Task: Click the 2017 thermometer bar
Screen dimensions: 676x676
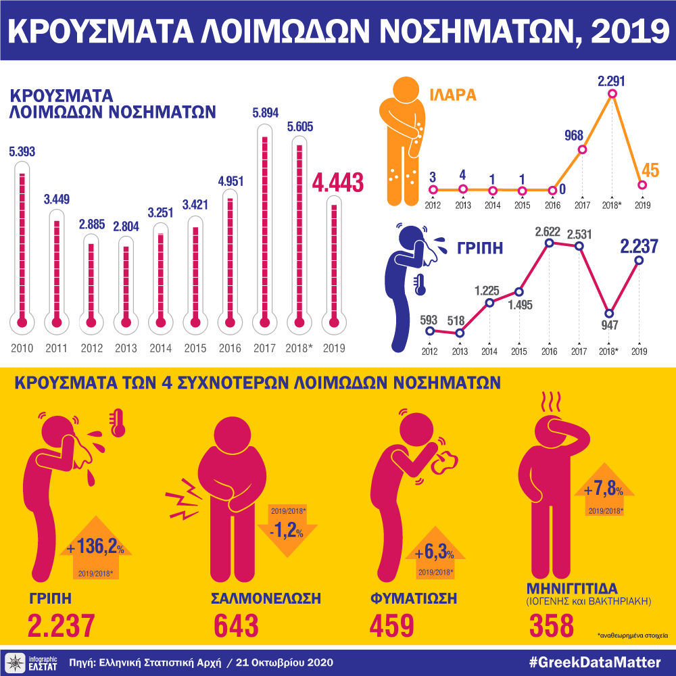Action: click(264, 230)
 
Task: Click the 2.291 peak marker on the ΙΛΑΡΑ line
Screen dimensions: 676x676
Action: click(612, 95)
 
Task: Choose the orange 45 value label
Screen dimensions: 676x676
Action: click(650, 170)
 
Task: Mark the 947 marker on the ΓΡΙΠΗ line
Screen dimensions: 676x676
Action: click(610, 314)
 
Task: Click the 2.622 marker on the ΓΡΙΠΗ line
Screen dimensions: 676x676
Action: click(550, 243)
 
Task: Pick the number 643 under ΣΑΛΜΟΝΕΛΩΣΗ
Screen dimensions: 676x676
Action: click(237, 626)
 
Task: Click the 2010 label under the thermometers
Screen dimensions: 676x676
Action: click(22, 349)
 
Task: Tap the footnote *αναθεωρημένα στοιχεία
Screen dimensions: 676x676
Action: click(632, 636)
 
